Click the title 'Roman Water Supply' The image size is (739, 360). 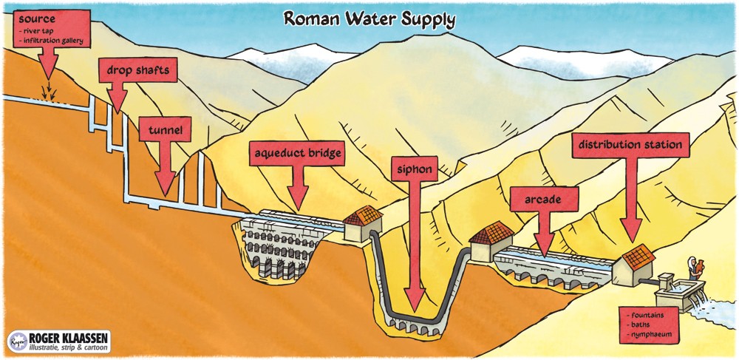[x=369, y=18]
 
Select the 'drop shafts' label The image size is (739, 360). [x=137, y=71]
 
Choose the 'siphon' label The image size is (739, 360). [x=414, y=169]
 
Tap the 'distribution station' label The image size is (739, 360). [x=630, y=145]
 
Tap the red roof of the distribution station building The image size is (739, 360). [x=636, y=256]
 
